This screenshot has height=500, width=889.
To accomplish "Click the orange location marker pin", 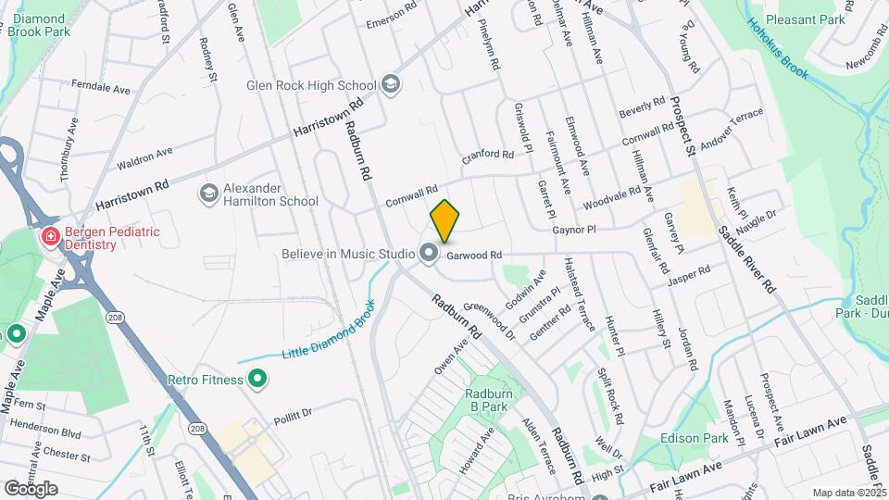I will [444, 221].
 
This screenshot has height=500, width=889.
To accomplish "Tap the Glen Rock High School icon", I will [391, 84].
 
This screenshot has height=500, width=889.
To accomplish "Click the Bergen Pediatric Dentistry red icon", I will [47, 238].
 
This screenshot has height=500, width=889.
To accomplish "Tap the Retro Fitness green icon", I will [258, 380].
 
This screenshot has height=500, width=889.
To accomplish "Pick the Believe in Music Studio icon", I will [428, 253].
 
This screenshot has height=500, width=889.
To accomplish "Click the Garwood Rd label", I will [474, 255].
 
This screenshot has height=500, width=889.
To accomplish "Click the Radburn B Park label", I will [488, 399].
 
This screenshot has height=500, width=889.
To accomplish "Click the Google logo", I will [31, 489].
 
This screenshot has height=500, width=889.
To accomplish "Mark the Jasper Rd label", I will [686, 275].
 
